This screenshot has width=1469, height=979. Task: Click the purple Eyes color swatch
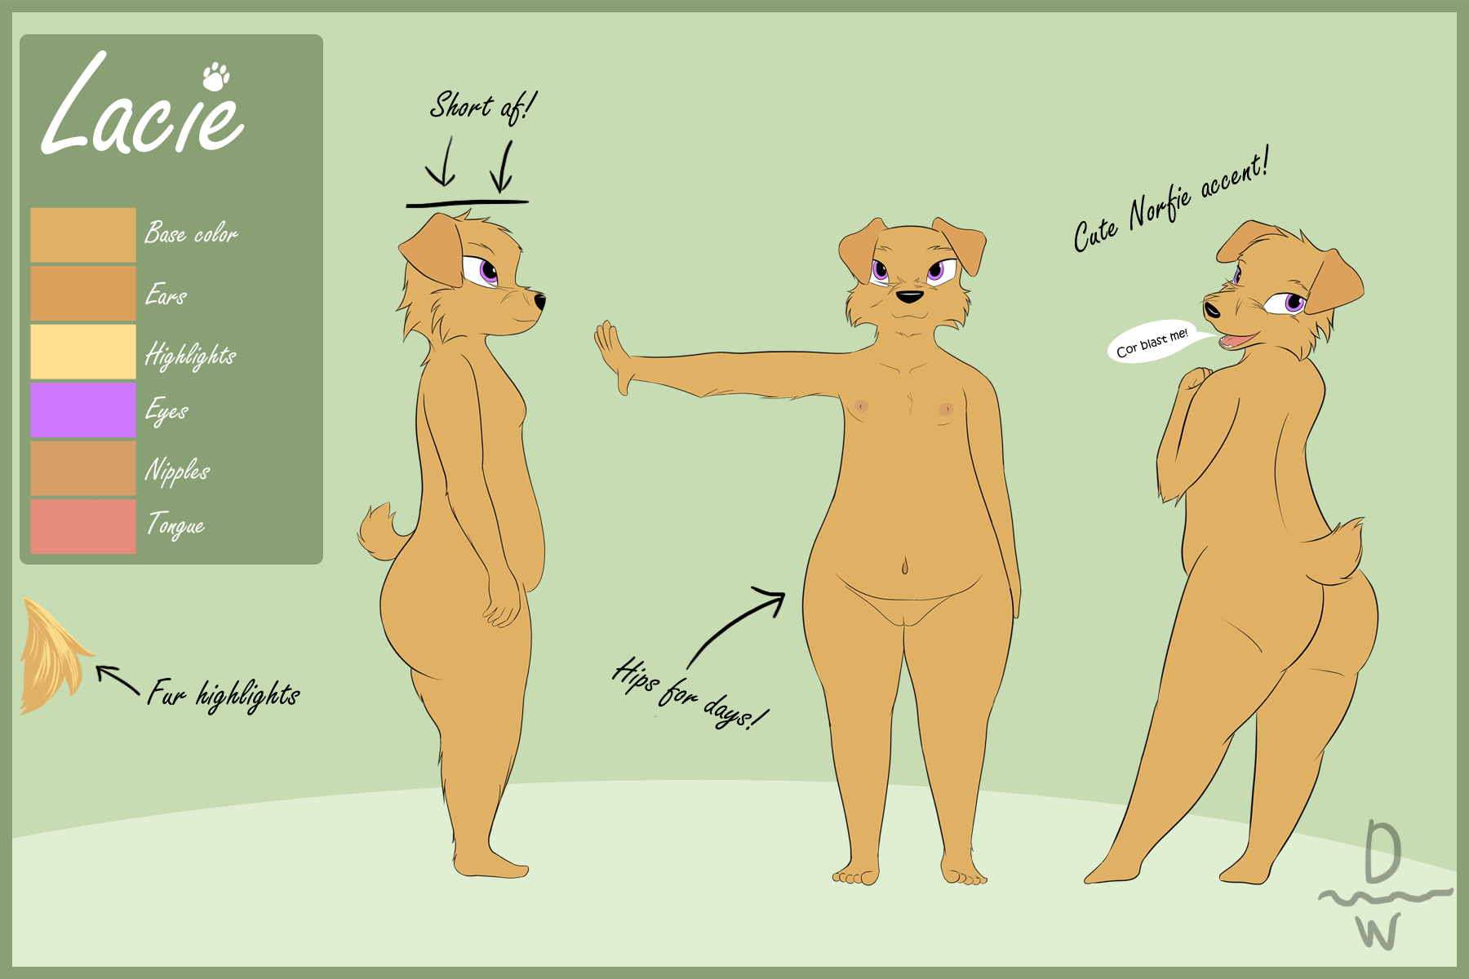[83, 410]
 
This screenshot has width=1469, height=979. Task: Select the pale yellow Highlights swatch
[83, 352]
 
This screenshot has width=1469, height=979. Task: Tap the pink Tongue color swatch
[83, 526]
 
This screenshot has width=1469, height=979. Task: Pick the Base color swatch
[83, 235]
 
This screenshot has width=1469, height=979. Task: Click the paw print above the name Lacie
[215, 75]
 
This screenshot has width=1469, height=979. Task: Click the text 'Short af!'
[483, 107]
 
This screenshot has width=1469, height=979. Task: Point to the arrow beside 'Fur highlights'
[118, 680]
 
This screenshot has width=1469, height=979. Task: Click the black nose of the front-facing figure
[910, 296]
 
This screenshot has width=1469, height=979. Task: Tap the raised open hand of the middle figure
[614, 356]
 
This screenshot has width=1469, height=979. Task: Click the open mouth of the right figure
[1234, 339]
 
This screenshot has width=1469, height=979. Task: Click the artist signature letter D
[1383, 853]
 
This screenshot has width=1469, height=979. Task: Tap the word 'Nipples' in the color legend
[177, 471]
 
